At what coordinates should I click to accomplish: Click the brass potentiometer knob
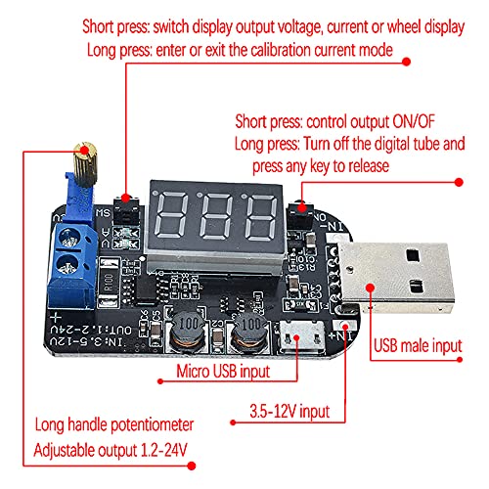(x=85, y=164)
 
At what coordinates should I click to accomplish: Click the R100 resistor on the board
(x=109, y=283)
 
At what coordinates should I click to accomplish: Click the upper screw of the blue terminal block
(x=69, y=238)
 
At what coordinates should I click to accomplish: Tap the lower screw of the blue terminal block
(x=67, y=265)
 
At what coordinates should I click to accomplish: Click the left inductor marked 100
(x=189, y=330)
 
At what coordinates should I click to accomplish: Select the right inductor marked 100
(x=249, y=331)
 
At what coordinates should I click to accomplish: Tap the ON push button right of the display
(x=300, y=214)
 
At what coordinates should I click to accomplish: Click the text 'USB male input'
(x=418, y=346)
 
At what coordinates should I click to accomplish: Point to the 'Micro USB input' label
(x=223, y=372)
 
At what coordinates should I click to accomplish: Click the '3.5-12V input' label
(x=289, y=412)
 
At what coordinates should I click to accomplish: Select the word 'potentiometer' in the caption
(x=153, y=425)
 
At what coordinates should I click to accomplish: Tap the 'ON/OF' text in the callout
(x=414, y=121)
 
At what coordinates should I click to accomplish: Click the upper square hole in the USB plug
(x=413, y=255)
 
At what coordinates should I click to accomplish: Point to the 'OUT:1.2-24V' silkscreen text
(x=91, y=330)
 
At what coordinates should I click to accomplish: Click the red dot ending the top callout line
(x=406, y=62)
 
